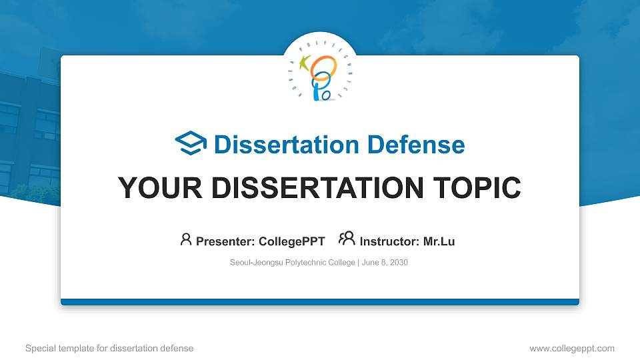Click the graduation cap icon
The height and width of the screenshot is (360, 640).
coord(191,143)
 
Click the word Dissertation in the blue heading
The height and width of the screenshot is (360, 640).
coord(287,145)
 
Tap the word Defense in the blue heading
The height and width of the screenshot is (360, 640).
coord(416,145)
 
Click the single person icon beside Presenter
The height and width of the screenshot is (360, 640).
coord(186,239)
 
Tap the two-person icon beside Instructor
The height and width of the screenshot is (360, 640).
coord(347,239)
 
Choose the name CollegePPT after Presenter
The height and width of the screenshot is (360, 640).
coord(292,241)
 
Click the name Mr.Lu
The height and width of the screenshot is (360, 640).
coord(439,241)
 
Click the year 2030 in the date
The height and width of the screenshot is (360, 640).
coord(399,263)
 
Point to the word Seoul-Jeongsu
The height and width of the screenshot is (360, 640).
coord(256,263)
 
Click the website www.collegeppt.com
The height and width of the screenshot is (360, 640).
coord(572,349)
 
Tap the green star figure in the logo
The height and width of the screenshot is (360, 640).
coord(305,63)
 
